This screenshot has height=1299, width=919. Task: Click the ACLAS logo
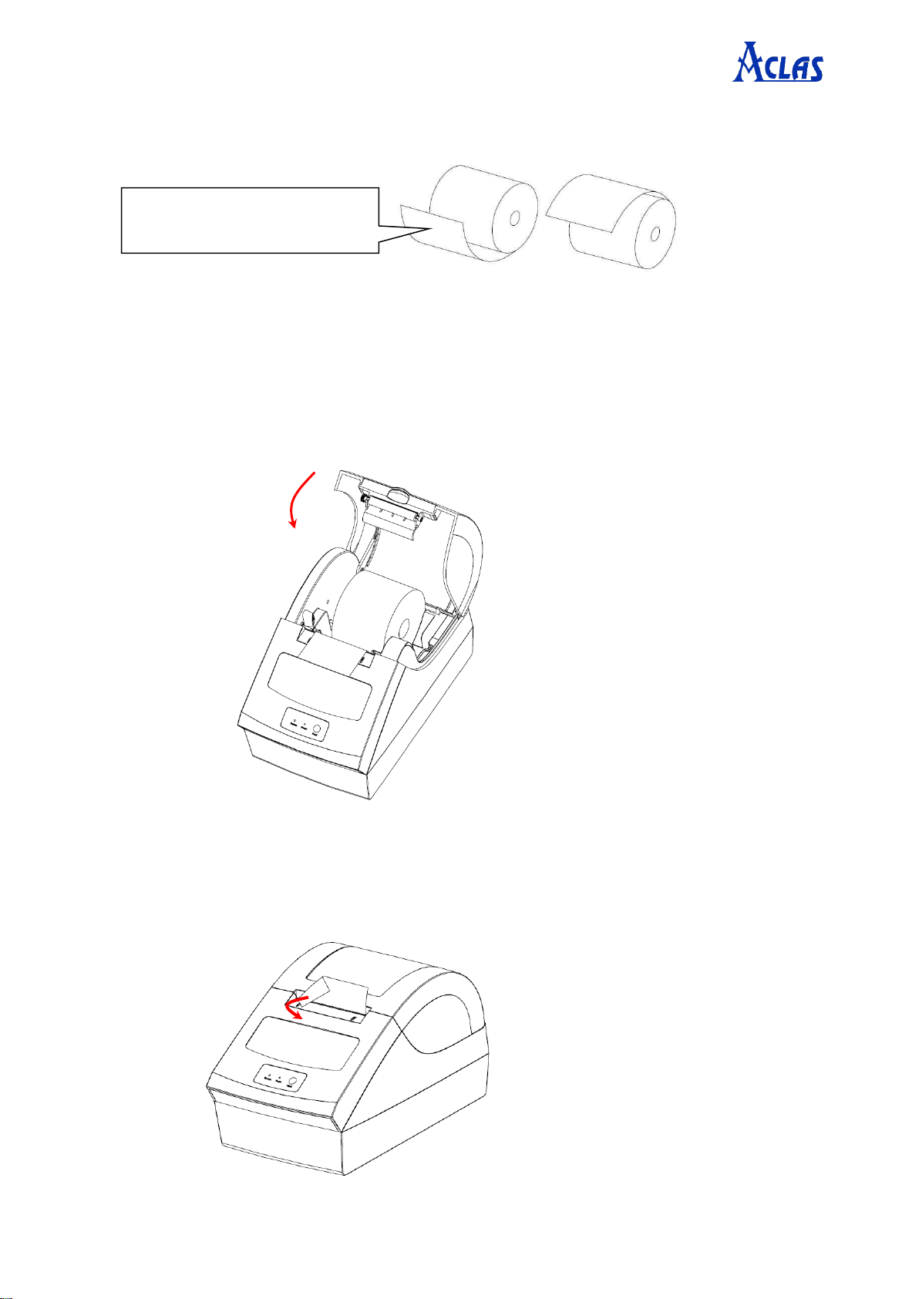777,62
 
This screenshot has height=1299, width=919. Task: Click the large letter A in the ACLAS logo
747,62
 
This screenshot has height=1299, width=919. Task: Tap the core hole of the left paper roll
513,219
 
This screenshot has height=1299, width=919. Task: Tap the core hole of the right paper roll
655,233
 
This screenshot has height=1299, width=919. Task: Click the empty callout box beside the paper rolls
250,220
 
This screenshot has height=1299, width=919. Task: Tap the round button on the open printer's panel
317,729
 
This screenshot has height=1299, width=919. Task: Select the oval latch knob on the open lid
397,495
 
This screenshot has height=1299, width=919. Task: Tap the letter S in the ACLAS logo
813,69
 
